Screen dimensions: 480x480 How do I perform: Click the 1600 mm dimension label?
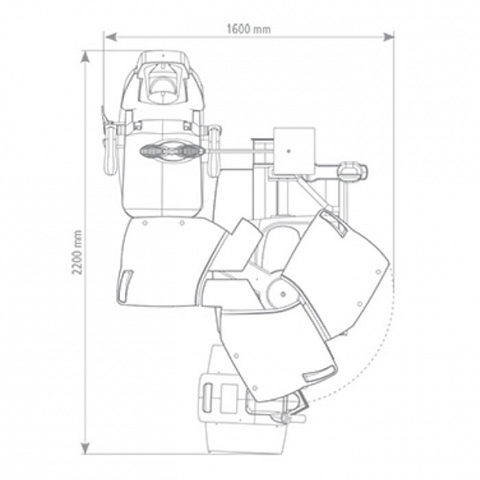point(248,29)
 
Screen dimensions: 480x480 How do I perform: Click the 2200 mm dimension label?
point(77,252)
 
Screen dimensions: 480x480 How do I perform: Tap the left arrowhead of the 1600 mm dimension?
point(110,37)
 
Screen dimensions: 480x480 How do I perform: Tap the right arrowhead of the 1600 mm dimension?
point(389,37)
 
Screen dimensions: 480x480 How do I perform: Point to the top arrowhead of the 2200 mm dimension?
point(85,56)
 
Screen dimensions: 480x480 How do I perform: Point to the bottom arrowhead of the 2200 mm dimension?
point(85,448)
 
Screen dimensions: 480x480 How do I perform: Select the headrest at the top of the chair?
point(162,80)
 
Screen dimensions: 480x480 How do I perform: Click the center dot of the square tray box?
point(288,151)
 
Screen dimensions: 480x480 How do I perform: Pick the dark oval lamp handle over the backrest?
point(172,150)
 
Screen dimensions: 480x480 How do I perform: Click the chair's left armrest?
point(109,150)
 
